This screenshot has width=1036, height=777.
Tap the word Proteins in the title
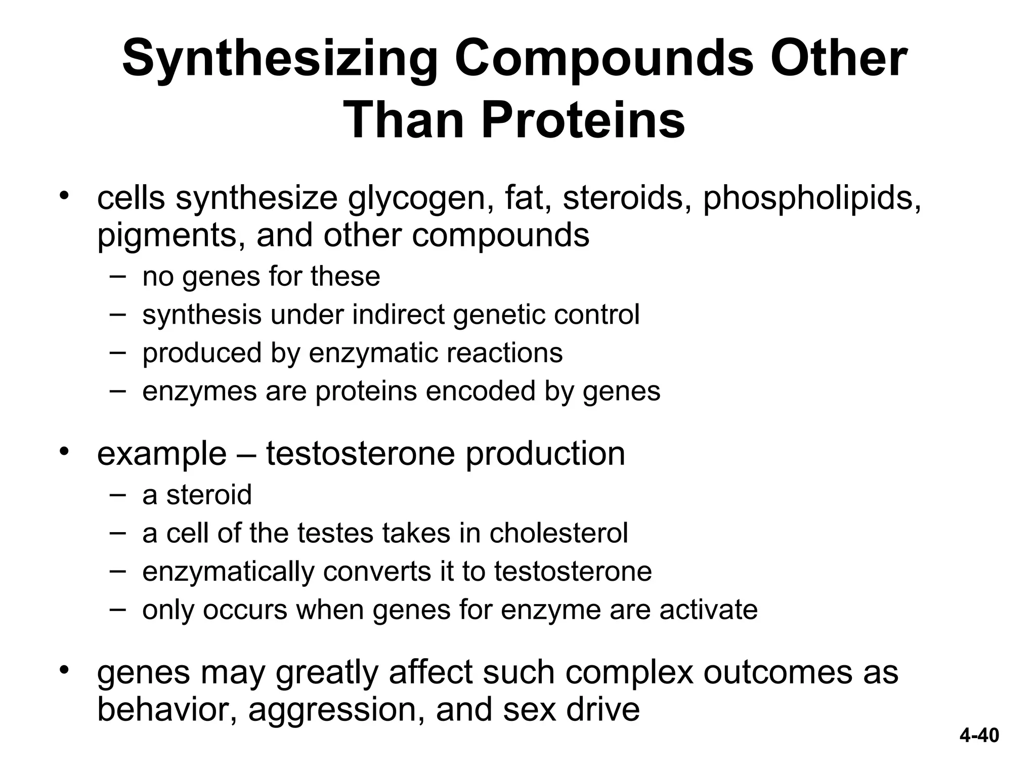(x=583, y=121)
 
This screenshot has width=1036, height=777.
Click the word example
(x=161, y=454)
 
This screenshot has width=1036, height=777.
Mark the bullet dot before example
(x=63, y=450)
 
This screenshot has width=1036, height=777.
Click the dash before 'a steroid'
(x=117, y=493)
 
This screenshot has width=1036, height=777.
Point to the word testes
(x=335, y=533)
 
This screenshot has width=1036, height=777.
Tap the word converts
(x=387, y=571)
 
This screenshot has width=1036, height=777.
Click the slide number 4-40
(x=979, y=735)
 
